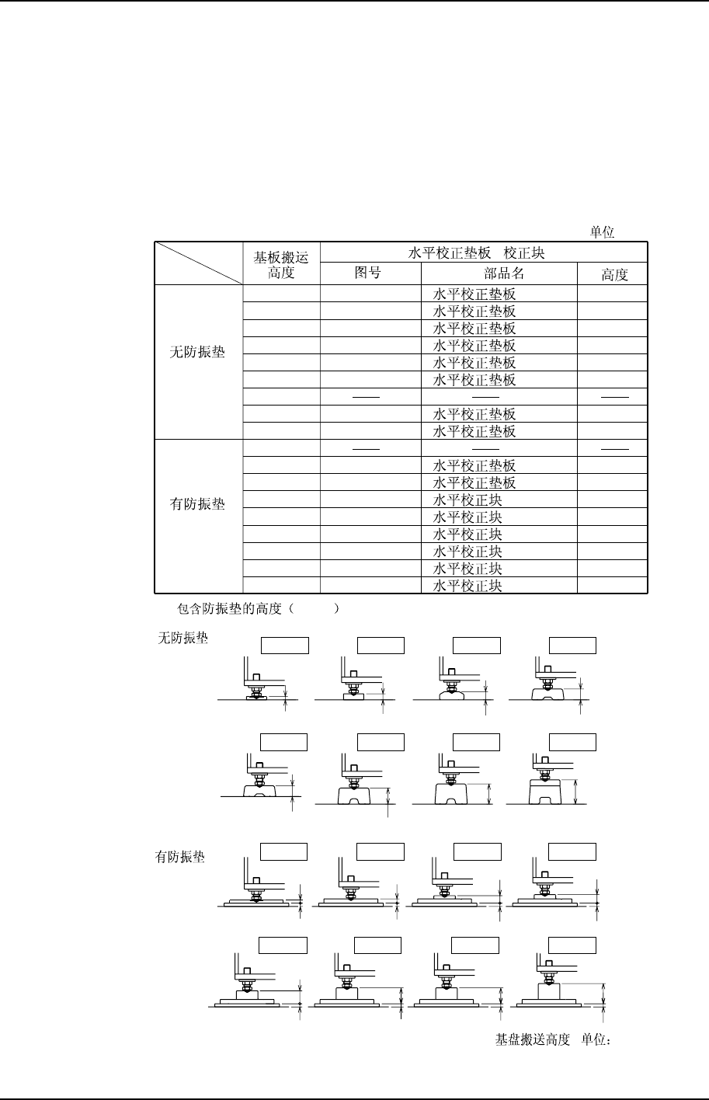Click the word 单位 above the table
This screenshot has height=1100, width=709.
tap(603, 233)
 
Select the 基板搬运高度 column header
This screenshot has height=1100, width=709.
tap(280, 265)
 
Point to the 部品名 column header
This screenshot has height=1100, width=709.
tap(499, 273)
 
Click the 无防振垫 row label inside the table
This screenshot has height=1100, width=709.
tap(197, 352)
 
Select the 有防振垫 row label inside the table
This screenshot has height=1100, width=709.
tap(197, 504)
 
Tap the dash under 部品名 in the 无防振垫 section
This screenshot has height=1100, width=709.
tap(485, 396)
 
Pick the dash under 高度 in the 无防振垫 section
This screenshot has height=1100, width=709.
tap(613, 396)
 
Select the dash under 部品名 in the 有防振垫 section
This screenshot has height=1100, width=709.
tap(485, 447)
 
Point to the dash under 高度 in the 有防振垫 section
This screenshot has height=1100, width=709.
tap(613, 447)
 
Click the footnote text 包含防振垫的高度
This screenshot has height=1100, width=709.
tap(231, 609)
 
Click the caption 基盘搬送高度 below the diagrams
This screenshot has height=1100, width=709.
tap(533, 1039)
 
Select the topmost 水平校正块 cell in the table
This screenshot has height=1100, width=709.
tap(467, 500)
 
